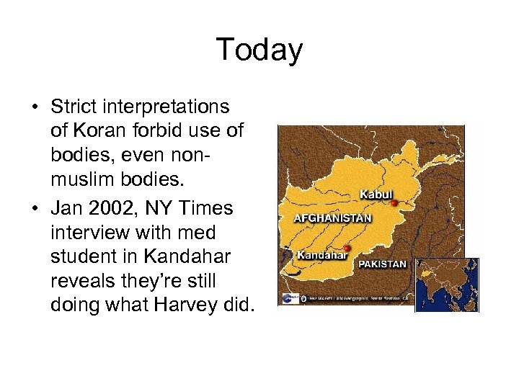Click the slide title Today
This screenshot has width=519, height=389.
259,50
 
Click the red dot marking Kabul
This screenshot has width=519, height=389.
394,203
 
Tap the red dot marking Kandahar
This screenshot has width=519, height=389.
347,249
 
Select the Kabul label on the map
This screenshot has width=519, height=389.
376,194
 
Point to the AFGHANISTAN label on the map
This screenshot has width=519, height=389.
332,218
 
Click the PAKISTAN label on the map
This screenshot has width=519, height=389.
382,264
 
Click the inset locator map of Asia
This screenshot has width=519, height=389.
447,285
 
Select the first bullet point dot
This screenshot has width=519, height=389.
34,108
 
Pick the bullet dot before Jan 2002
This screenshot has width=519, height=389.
34,210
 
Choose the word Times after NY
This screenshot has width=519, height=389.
207,209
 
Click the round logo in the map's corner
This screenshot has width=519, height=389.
289,298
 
